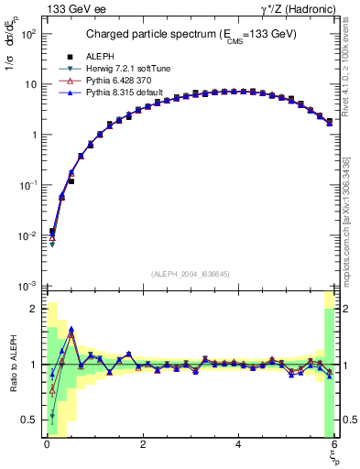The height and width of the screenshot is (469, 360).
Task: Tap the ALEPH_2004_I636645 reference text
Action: click(x=190, y=274)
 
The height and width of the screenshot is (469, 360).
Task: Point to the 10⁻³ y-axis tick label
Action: click(x=28, y=287)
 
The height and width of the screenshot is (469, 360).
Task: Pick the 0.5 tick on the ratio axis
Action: click(x=31, y=420)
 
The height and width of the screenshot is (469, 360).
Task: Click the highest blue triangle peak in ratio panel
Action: click(x=71, y=328)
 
